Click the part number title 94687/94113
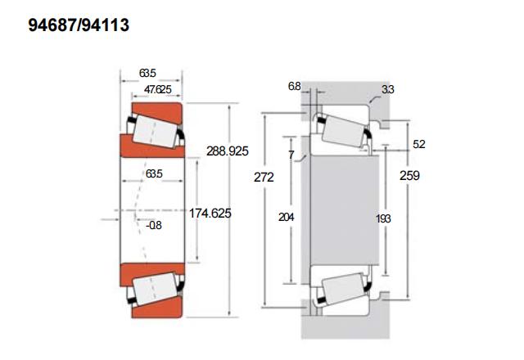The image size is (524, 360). click(79, 25)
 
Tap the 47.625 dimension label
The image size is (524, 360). click(158, 89)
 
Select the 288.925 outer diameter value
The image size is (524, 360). click(228, 151)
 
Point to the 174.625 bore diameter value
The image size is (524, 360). click(210, 213)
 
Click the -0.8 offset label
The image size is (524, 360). click(154, 226)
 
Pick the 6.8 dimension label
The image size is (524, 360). click(295, 87)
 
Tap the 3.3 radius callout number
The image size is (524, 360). click(388, 89)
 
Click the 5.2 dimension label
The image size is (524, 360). click(419, 144)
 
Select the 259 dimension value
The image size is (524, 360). click(409, 176)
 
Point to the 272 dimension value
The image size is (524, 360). click(264, 178)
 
